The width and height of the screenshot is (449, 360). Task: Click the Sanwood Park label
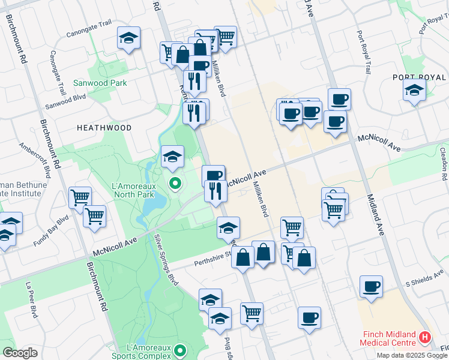tap(100, 83)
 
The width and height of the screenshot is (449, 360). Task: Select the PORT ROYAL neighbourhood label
tap(419, 77)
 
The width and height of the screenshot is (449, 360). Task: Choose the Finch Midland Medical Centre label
tap(388, 338)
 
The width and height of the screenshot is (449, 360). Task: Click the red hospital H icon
tap(426, 337)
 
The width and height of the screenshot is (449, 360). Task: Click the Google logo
tap(20, 353)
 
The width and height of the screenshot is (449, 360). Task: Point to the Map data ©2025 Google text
tap(412, 355)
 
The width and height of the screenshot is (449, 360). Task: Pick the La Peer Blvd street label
tap(30, 299)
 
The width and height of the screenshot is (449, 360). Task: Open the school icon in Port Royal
tap(414, 91)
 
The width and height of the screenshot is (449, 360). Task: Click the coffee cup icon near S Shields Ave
tap(371, 286)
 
